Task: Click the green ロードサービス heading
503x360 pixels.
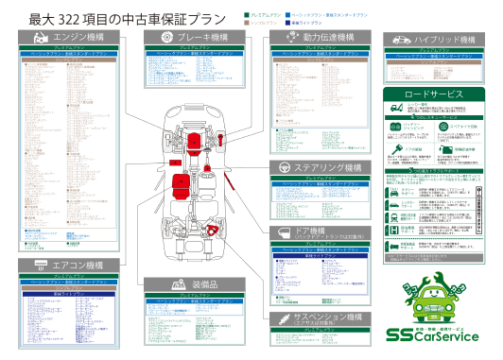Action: pos(434,95)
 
